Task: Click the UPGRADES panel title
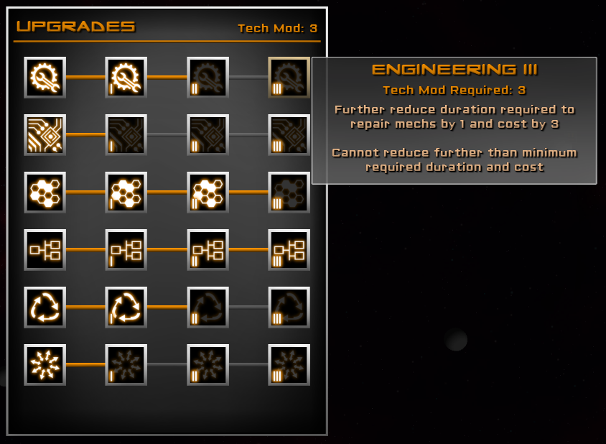point(75,27)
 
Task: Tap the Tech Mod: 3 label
point(277,29)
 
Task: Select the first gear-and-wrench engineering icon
point(45,77)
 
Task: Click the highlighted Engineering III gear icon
point(289,77)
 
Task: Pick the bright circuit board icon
point(45,134)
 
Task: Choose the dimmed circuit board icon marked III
point(289,134)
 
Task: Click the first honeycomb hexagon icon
point(45,192)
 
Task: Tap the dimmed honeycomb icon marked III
point(289,192)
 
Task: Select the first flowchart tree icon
point(45,249)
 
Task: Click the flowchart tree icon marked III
point(289,249)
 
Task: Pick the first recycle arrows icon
point(45,307)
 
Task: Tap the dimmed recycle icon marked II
point(208,307)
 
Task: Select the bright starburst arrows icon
point(45,364)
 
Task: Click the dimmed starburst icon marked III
point(289,364)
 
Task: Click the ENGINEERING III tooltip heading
point(454,70)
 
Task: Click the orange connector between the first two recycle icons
point(85,307)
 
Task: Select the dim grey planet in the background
point(455,339)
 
